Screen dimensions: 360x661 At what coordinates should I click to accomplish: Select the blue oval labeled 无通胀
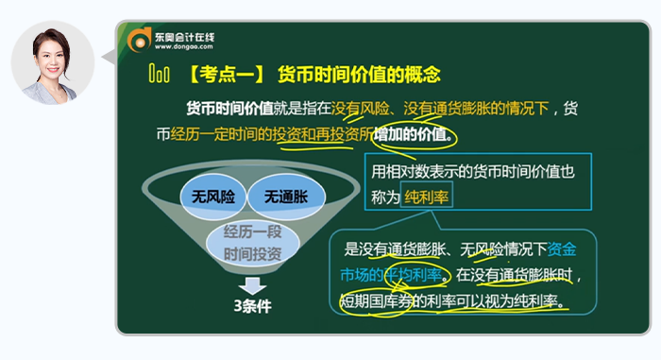[284, 197]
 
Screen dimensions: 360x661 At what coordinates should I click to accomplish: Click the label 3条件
[252, 307]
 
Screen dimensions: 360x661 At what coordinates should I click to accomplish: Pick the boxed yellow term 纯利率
[427, 197]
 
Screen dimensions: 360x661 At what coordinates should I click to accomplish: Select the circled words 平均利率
[414, 276]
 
